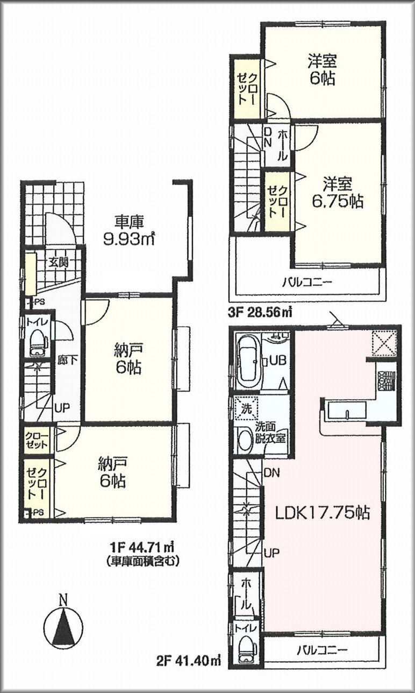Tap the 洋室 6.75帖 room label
(338, 193)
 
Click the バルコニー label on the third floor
(307, 281)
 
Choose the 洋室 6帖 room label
(322, 70)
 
